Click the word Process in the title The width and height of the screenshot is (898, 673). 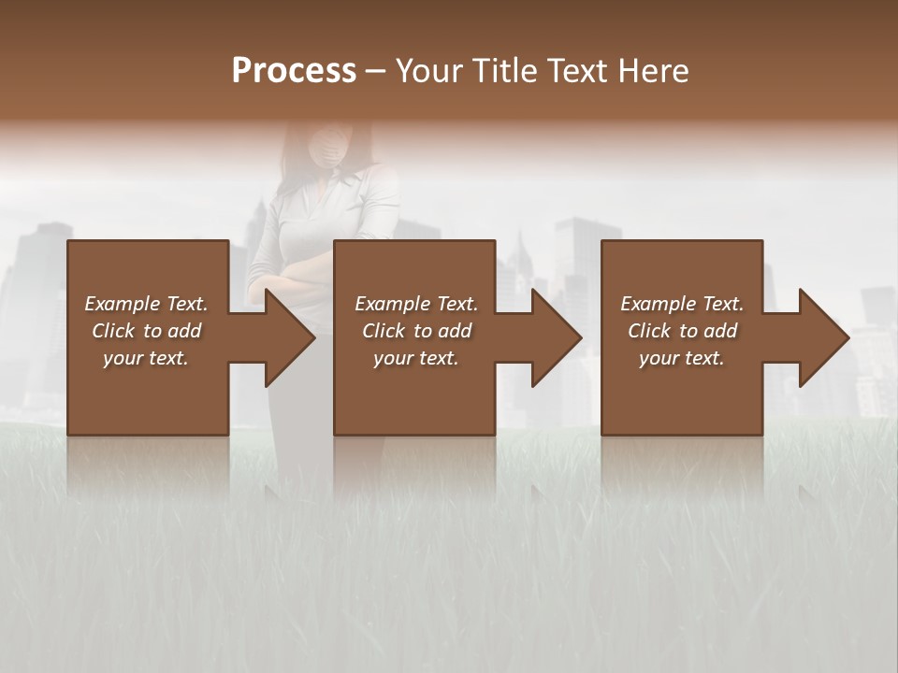point(294,71)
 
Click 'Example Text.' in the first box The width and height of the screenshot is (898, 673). point(146,304)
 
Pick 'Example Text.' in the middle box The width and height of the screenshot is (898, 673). point(416,304)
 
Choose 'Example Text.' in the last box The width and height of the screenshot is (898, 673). point(682,304)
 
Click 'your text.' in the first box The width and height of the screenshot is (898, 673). point(146,358)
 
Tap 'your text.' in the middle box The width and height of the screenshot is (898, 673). point(416,358)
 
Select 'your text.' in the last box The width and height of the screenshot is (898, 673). point(682,358)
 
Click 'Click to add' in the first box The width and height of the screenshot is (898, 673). point(146,331)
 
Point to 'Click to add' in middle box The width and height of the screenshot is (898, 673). point(416,331)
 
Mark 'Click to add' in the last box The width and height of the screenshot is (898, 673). point(682,331)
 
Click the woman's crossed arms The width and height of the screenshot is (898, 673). point(299,277)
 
